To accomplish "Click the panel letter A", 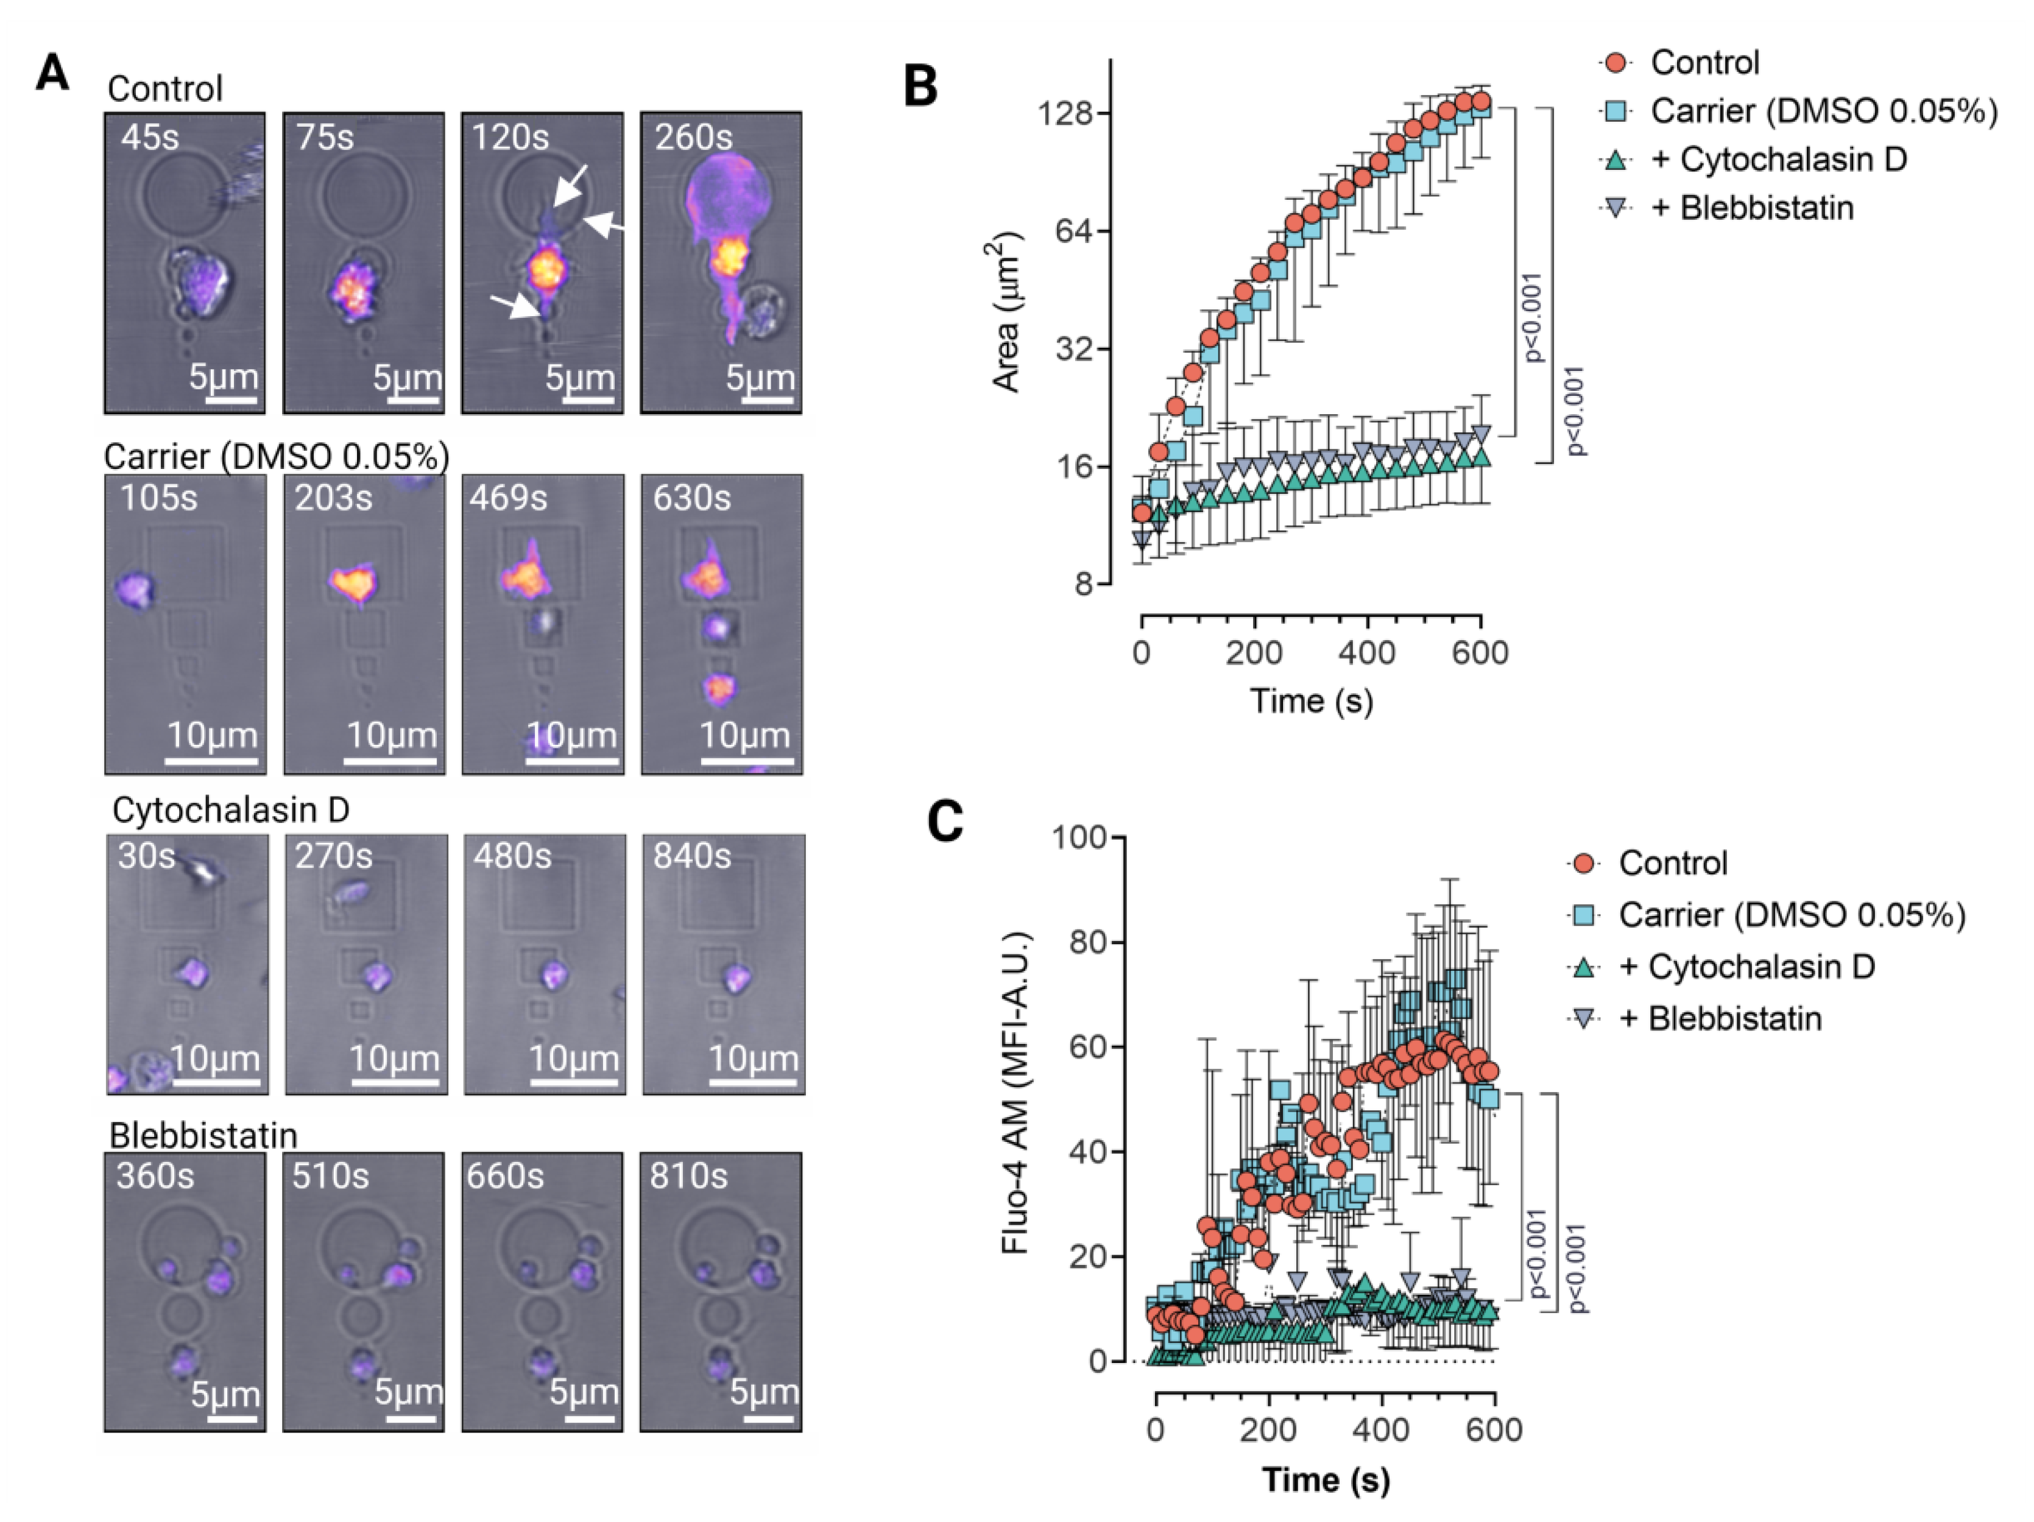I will pos(52,72).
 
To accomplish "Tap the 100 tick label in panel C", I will pos(1081,837).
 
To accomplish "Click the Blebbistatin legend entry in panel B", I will pos(1765,208).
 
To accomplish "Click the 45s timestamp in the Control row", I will pos(150,137).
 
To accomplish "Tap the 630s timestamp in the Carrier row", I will pos(691,498).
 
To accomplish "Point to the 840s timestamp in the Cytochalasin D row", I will pos(691,856).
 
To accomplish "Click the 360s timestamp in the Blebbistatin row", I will pos(155,1177).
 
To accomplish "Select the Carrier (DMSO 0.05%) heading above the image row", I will pos(276,456).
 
